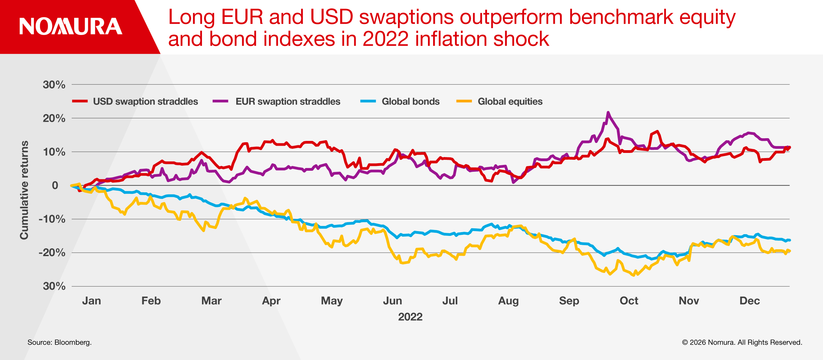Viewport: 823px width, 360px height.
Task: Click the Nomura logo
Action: pyautogui.click(x=71, y=26)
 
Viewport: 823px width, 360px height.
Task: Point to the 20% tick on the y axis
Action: pyautogui.click(x=54, y=118)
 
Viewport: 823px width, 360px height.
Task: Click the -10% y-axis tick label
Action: pyautogui.click(x=52, y=219)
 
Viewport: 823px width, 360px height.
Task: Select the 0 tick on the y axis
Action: pyautogui.click(x=55, y=185)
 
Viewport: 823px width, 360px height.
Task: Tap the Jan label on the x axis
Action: pyautogui.click(x=92, y=301)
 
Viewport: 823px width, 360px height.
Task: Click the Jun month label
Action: pyautogui.click(x=392, y=301)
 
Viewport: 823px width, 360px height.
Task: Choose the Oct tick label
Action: pyautogui.click(x=629, y=301)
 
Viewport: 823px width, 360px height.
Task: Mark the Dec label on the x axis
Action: pyautogui.click(x=750, y=301)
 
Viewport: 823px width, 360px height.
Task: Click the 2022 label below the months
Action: pyautogui.click(x=410, y=316)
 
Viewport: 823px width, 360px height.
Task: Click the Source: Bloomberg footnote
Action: pyautogui.click(x=60, y=342)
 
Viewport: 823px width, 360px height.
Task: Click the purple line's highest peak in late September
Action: pyautogui.click(x=608, y=112)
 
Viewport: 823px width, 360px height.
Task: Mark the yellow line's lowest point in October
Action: pyautogui.click(x=633, y=275)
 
